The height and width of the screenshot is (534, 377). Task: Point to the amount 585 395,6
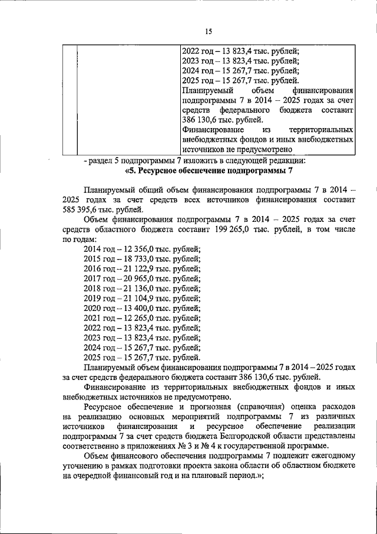[x=82, y=209]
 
